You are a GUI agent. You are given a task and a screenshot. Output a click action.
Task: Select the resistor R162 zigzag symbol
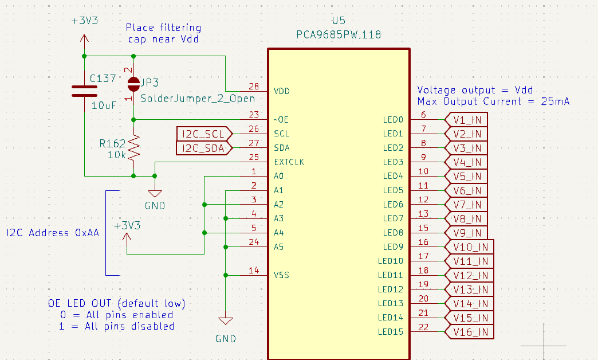(133, 148)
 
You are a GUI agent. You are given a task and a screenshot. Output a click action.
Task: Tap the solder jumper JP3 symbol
(133, 84)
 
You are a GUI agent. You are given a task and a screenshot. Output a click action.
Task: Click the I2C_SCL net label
(204, 134)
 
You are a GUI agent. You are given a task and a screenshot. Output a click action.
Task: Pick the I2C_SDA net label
(204, 148)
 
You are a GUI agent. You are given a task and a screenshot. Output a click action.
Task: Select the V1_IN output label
(467, 120)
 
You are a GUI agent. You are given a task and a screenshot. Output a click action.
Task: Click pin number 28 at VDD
(254, 87)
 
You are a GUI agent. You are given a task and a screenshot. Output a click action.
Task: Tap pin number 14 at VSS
(254, 271)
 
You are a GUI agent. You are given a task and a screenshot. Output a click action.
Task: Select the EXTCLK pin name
(289, 162)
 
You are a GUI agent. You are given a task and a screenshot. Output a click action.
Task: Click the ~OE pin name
(282, 120)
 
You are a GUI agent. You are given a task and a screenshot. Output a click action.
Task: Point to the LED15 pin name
(391, 332)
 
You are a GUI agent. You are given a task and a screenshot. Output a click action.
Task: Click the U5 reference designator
(339, 21)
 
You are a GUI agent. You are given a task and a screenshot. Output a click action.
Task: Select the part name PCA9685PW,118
(339, 35)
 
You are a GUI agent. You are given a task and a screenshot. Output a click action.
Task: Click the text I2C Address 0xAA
(52, 233)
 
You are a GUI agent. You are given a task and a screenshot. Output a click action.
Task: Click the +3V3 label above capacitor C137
(85, 21)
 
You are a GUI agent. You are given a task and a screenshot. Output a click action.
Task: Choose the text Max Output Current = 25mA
(493, 101)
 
